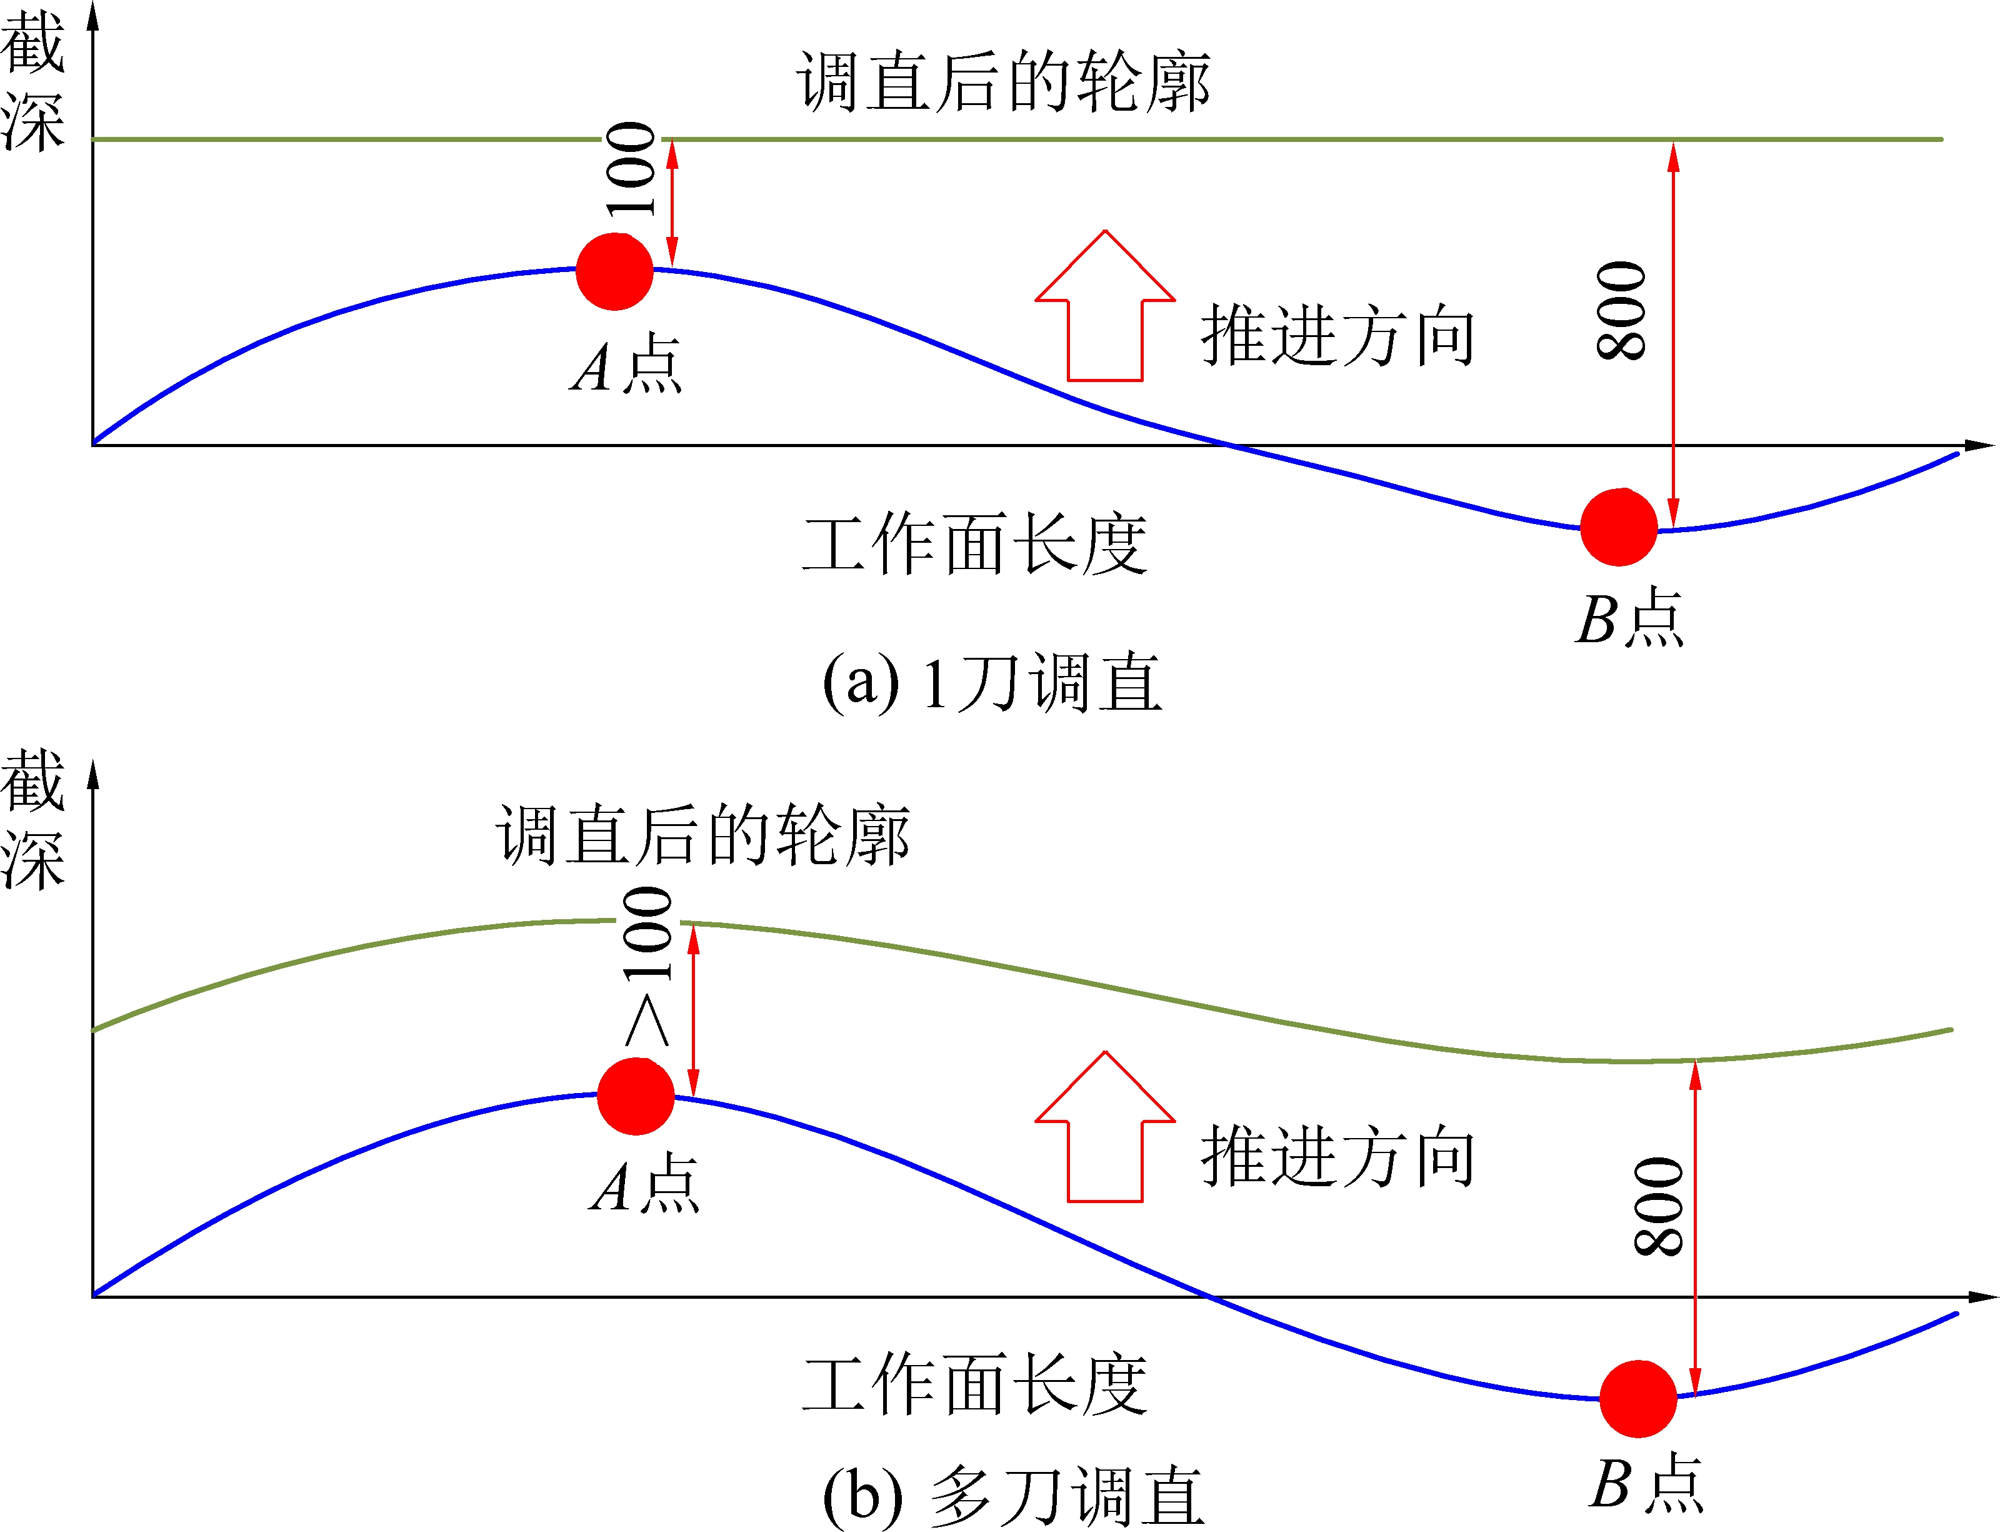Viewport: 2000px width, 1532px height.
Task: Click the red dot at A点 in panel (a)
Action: (x=614, y=272)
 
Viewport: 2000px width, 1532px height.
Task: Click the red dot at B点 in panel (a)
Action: (x=1618, y=527)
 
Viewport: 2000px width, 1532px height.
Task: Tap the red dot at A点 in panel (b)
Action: (x=636, y=1096)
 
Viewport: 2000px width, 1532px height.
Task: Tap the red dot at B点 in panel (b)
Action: (x=1638, y=1399)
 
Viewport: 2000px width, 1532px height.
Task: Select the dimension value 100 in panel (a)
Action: (x=631, y=169)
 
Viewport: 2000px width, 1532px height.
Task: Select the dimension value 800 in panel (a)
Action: (x=1622, y=311)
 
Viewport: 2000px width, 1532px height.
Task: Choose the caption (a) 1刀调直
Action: (x=992, y=682)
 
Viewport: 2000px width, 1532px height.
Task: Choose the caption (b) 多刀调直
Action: (x=1012, y=1496)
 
